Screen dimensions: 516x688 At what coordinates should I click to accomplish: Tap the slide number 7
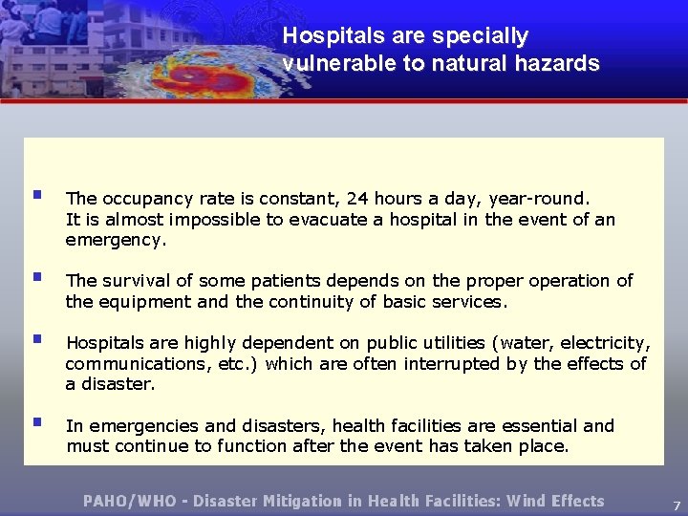pyautogui.click(x=675, y=504)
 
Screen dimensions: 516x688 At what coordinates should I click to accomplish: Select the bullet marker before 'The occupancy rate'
pyautogui.click(x=36, y=195)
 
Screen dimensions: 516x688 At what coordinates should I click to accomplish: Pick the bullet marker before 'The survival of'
pyautogui.click(x=36, y=277)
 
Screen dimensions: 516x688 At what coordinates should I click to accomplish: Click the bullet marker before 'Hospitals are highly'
pyautogui.click(x=36, y=338)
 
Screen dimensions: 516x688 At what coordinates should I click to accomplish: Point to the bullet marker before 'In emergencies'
pyautogui.click(x=36, y=421)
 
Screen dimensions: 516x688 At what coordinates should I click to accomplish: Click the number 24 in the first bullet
pyautogui.click(x=358, y=199)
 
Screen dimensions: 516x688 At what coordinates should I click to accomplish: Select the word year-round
pyautogui.click(x=539, y=199)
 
